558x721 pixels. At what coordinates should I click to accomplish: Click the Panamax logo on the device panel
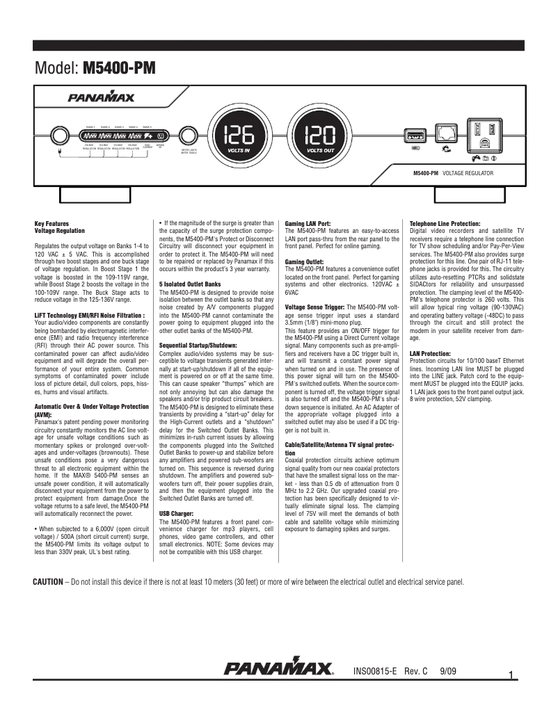click(x=101, y=98)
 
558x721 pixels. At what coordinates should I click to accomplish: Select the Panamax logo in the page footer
click(x=278, y=669)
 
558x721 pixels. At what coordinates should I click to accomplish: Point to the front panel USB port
click(x=416, y=133)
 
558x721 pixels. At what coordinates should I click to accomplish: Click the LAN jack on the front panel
click(x=445, y=133)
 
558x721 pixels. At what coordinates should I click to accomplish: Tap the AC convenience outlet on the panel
click(x=485, y=135)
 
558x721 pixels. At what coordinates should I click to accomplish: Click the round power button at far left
click(x=61, y=135)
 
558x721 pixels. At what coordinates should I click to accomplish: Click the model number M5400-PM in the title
click(x=118, y=68)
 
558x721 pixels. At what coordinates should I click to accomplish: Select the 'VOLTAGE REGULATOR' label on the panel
click(x=468, y=172)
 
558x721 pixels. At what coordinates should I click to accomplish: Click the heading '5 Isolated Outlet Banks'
click(x=189, y=284)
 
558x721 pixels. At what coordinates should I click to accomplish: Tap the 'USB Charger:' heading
click(x=176, y=514)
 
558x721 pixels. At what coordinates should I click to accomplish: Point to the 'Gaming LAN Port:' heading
click(x=313, y=223)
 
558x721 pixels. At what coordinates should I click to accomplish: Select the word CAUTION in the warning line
click(x=52, y=581)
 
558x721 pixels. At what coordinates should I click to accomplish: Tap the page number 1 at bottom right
click(x=511, y=675)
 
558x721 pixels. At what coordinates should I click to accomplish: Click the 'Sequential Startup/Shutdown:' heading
click(x=199, y=345)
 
